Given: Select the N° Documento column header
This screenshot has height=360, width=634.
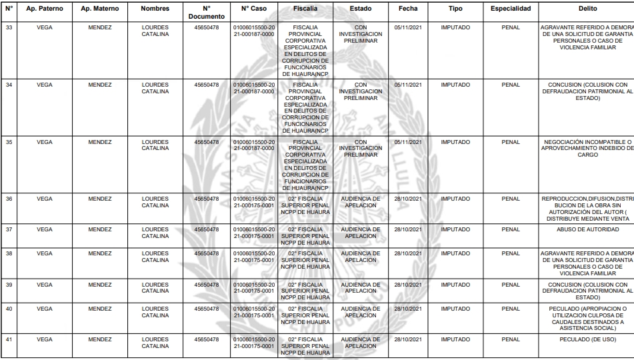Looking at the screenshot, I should (x=207, y=12).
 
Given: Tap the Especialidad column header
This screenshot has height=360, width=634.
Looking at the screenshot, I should (x=510, y=9).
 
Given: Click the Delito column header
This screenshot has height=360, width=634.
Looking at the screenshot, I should (x=588, y=9).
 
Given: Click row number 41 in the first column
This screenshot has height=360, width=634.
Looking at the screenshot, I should (x=9, y=340).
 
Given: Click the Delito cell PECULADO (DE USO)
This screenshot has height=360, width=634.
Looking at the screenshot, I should (x=588, y=340).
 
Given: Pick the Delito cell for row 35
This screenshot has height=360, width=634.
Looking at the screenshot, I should (x=588, y=147).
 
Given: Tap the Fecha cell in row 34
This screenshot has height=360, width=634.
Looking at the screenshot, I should (x=408, y=85).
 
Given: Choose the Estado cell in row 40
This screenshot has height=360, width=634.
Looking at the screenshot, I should (x=361, y=312).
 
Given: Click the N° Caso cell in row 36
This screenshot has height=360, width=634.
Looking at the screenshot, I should (x=253, y=202).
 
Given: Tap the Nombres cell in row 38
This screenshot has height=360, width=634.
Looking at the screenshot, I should (x=155, y=257).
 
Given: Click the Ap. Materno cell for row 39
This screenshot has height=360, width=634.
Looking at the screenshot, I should (x=99, y=285).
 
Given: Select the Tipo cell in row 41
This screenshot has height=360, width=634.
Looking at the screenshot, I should (x=455, y=340).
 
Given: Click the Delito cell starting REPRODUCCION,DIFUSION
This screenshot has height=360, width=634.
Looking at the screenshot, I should (x=588, y=208).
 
